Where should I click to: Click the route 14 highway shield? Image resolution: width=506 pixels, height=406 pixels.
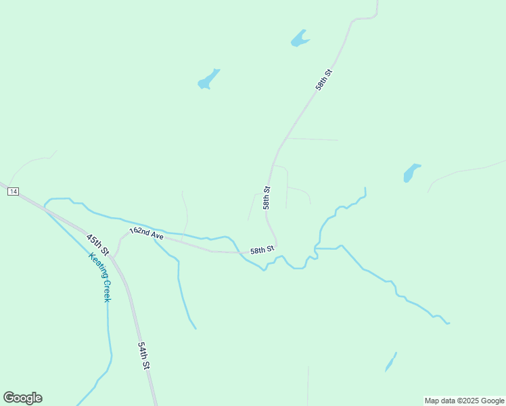tap(13, 192)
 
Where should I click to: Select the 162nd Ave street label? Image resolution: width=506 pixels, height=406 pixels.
tap(147, 233)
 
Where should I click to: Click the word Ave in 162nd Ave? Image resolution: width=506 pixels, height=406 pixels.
tap(156, 235)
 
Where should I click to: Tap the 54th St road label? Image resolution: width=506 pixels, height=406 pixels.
tap(143, 355)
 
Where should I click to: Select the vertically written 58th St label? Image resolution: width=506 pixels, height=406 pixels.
tap(267, 198)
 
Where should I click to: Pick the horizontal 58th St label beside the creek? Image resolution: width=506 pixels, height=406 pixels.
tap(262, 250)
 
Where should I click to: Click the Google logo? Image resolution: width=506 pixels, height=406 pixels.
tap(22, 397)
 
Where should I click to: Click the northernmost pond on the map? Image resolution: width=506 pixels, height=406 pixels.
tap(299, 39)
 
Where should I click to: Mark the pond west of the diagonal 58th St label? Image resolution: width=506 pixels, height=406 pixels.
tap(208, 80)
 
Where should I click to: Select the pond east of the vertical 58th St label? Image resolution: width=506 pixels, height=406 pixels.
tap(411, 173)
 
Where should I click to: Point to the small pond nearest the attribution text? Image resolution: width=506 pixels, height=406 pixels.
tap(390, 363)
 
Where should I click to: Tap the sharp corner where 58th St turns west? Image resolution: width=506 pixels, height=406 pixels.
tap(276, 246)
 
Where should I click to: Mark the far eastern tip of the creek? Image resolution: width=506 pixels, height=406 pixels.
tap(448, 323)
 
